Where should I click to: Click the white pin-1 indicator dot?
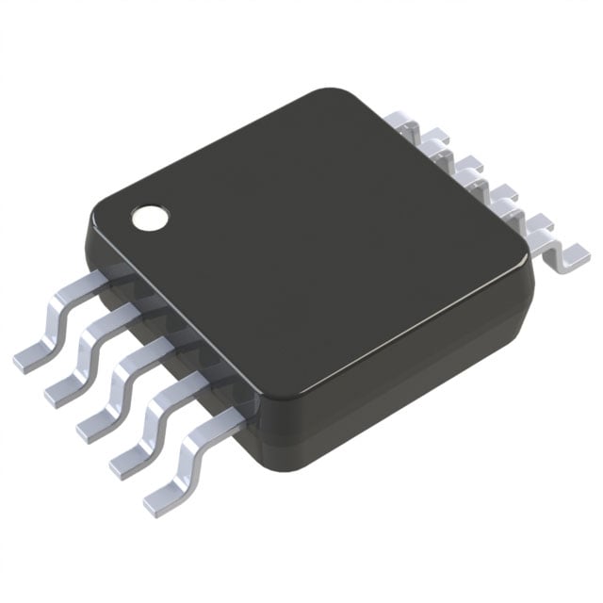point(149,217)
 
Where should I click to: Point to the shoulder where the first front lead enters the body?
point(108,279)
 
